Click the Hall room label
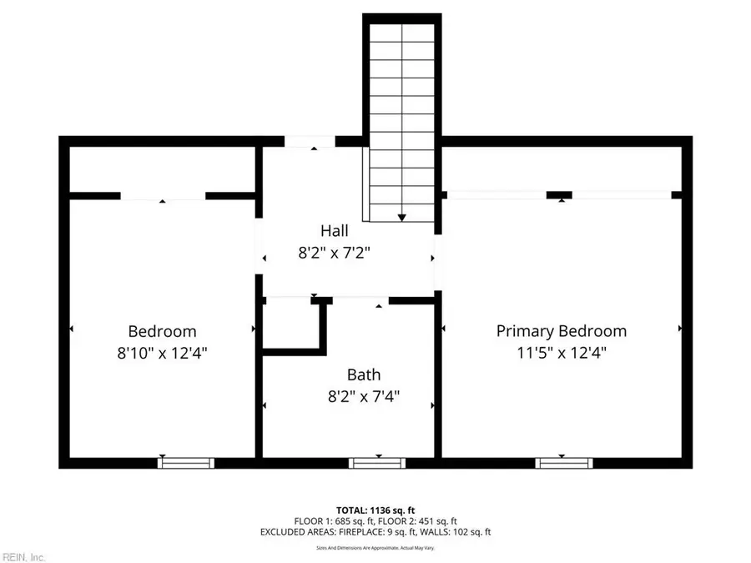(x=335, y=230)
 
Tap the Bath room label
(x=364, y=375)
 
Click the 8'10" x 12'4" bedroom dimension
(x=162, y=353)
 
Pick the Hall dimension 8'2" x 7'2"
(x=335, y=253)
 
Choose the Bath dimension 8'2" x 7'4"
(x=364, y=397)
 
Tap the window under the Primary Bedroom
(x=564, y=462)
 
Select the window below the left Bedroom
(x=186, y=462)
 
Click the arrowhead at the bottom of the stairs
(x=402, y=217)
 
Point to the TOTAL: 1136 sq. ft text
(x=375, y=509)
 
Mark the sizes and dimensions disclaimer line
(x=375, y=547)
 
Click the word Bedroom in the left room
(x=162, y=331)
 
